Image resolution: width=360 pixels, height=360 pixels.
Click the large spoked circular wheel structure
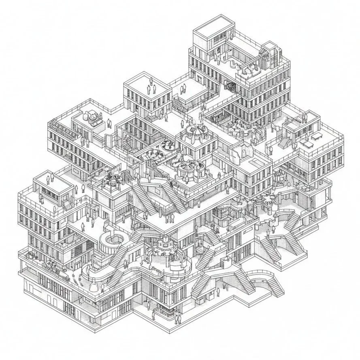pos(187,166)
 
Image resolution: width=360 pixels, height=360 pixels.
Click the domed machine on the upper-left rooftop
pos(92,117)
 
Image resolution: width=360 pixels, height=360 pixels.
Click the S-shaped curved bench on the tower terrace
pos(234,62)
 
